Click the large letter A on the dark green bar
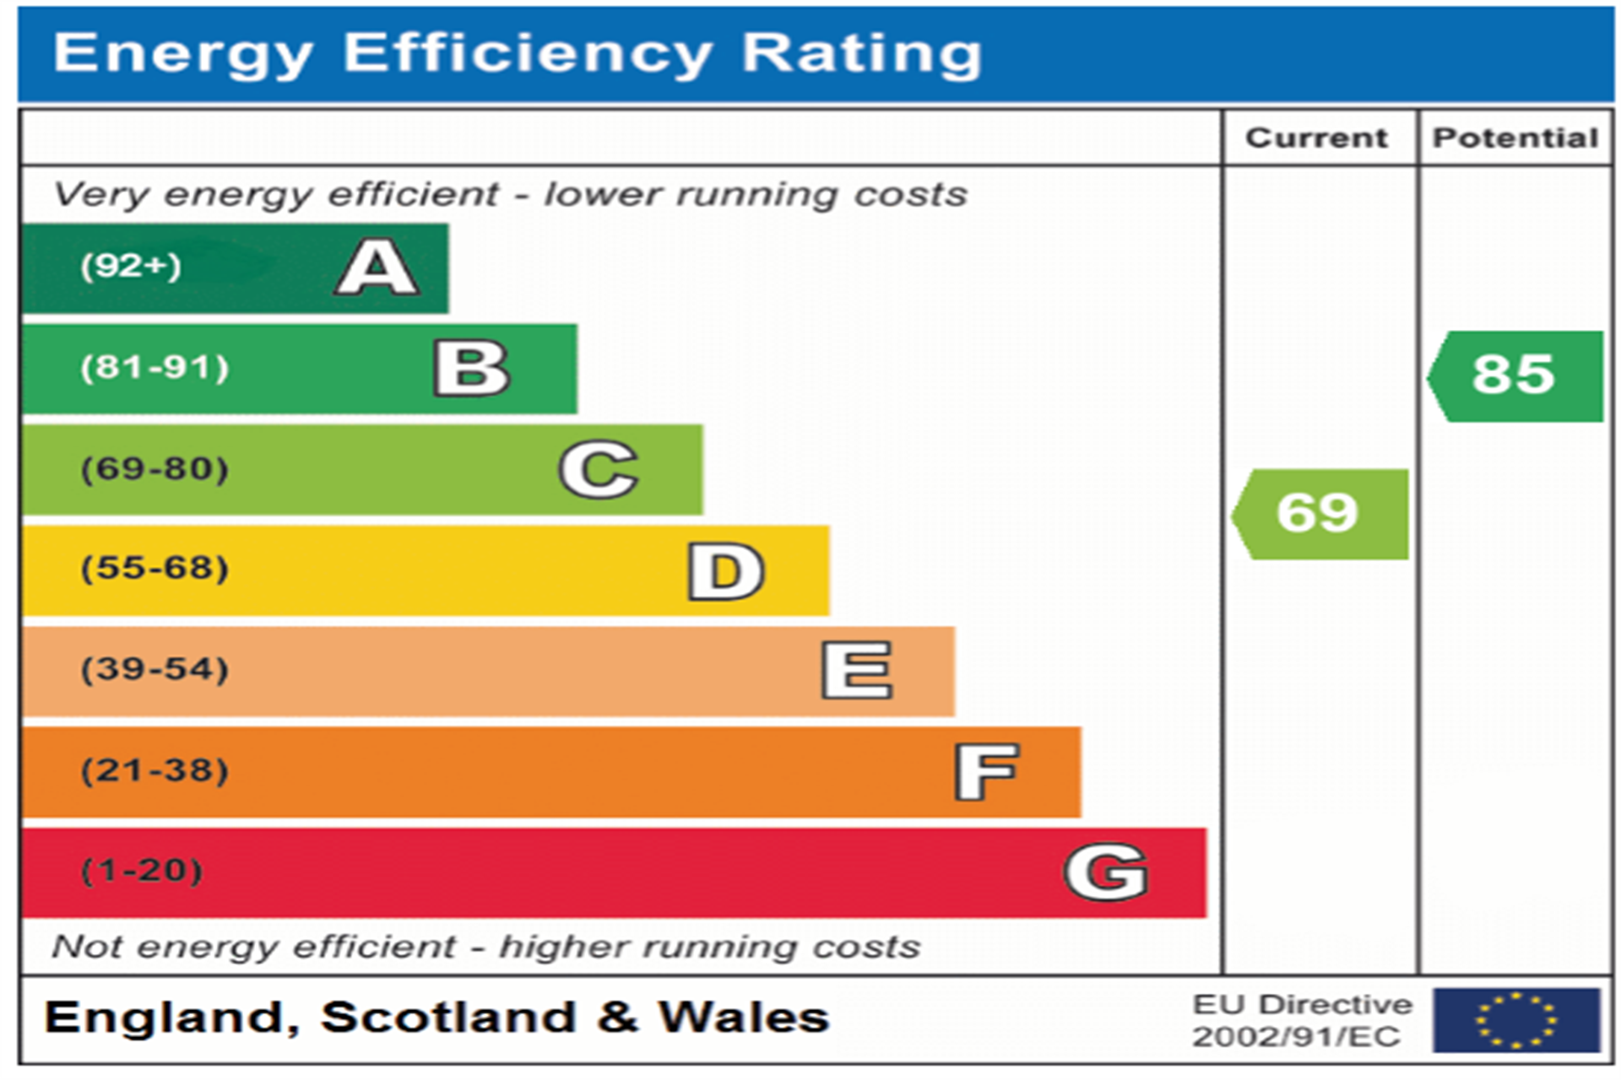click(x=377, y=267)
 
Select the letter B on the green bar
click(x=472, y=369)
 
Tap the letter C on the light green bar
click(x=598, y=470)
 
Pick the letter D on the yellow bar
click(x=726, y=571)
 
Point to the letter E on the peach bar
click(x=856, y=671)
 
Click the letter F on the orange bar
click(x=986, y=771)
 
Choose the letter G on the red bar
click(x=1106, y=872)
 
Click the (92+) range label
click(x=131, y=266)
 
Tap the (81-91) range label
click(x=155, y=368)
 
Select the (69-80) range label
click(x=155, y=468)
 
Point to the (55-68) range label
click(x=155, y=568)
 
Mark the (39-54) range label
click(x=155, y=669)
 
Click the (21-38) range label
click(x=155, y=770)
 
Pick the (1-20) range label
click(x=142, y=871)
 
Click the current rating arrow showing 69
click(x=1320, y=514)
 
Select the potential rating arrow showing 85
click(x=1515, y=375)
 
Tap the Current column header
click(x=1317, y=138)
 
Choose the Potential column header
click(x=1515, y=138)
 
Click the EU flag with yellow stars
click(x=1515, y=1020)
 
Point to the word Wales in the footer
click(x=744, y=1018)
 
